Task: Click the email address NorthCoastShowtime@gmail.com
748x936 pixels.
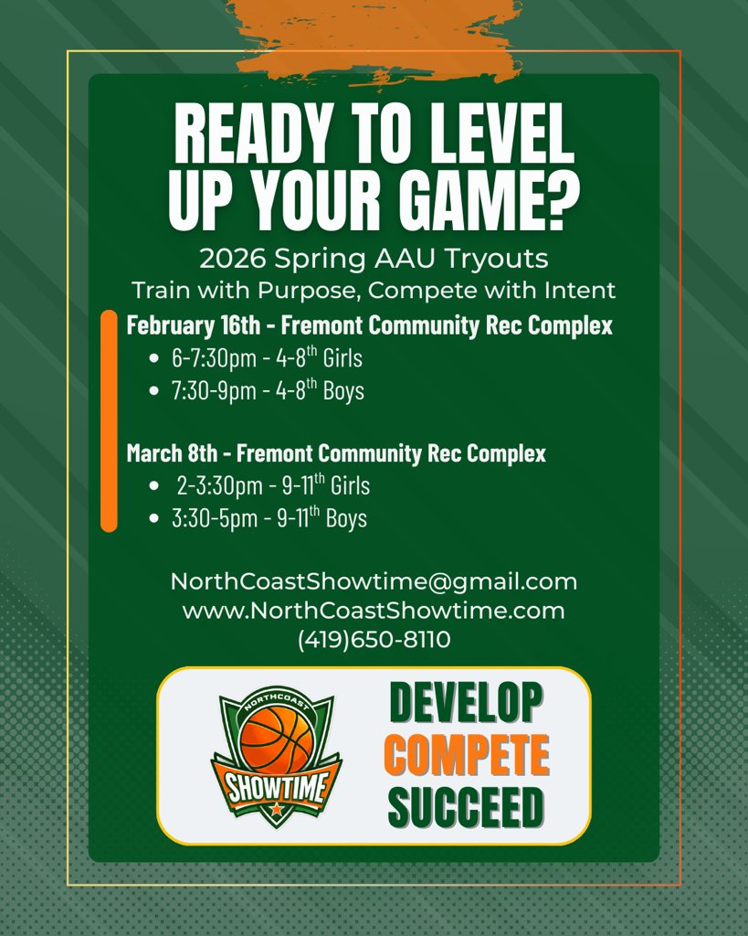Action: click(374, 581)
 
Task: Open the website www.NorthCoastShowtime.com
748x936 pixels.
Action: click(374, 611)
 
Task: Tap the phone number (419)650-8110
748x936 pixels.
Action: click(374, 640)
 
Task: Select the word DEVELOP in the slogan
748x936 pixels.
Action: click(467, 703)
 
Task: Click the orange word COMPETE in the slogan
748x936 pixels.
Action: click(467, 755)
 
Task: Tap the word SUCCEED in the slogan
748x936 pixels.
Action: click(466, 805)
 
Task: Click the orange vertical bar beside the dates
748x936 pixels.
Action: click(109, 421)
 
